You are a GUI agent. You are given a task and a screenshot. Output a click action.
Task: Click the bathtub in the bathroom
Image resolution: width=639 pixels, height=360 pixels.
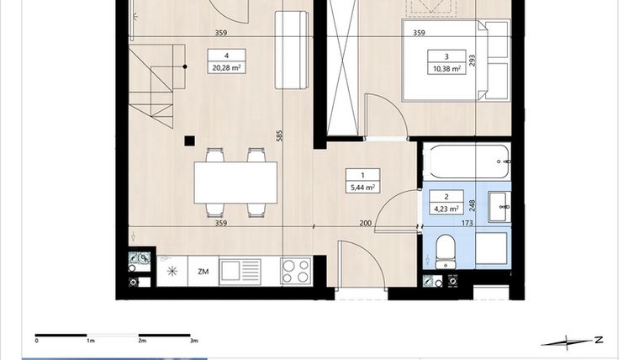(468, 161)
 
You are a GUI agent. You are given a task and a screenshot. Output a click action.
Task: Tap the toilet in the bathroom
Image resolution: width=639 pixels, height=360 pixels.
(446, 248)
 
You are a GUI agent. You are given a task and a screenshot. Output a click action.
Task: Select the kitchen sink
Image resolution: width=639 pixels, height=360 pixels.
(240, 271)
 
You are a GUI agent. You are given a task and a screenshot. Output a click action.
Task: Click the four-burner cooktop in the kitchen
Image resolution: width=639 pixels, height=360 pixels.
(295, 271)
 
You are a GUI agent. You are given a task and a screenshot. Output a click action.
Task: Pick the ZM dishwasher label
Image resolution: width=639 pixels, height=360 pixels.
(203, 272)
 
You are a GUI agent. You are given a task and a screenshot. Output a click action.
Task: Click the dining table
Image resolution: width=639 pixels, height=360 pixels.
(235, 183)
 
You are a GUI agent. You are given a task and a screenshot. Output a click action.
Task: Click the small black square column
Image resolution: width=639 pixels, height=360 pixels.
(190, 140)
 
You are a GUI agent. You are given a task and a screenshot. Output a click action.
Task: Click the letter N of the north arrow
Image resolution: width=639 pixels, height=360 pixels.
(598, 340)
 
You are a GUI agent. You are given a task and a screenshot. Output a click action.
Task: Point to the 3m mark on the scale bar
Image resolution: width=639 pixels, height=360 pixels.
(193, 341)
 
